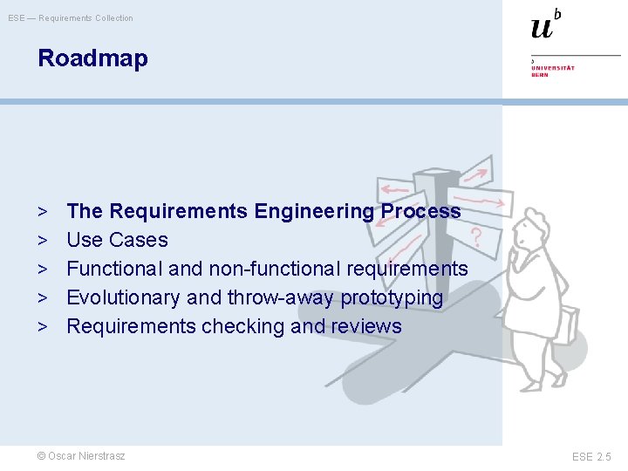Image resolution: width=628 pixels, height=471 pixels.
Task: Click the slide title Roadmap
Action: click(x=92, y=58)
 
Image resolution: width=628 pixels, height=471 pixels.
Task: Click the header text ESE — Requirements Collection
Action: click(x=71, y=18)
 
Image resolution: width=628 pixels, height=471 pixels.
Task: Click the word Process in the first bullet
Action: click(x=420, y=211)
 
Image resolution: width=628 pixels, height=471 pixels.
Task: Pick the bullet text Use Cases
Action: click(x=117, y=240)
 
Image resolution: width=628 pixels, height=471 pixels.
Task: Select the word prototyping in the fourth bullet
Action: click(x=392, y=297)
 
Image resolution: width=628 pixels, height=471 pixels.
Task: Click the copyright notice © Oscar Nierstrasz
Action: click(x=81, y=456)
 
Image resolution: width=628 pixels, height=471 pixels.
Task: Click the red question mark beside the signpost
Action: click(x=475, y=235)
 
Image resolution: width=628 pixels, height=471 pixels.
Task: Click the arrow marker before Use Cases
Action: click(x=42, y=240)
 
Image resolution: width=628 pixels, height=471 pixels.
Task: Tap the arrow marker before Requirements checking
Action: click(x=42, y=326)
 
